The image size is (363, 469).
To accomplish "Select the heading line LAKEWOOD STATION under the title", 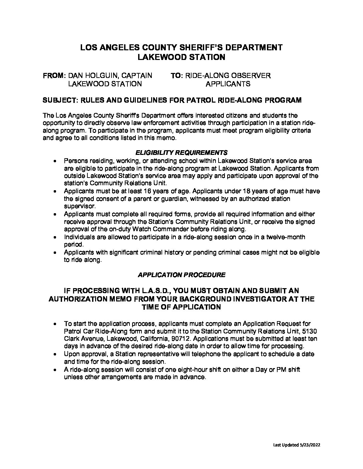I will [x=181, y=57].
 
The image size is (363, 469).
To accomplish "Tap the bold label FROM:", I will [x=54, y=76].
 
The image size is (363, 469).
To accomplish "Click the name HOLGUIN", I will [x=100, y=76].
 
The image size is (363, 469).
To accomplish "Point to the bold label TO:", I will [x=177, y=76].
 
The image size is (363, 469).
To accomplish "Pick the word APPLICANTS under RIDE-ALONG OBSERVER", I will [x=228, y=84].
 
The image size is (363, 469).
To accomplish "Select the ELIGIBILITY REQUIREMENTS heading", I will [x=181, y=153].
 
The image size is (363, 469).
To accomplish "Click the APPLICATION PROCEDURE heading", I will [x=181, y=275].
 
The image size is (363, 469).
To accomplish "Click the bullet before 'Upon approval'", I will [x=55, y=354].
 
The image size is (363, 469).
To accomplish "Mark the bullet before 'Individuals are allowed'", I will [x=55, y=237].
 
